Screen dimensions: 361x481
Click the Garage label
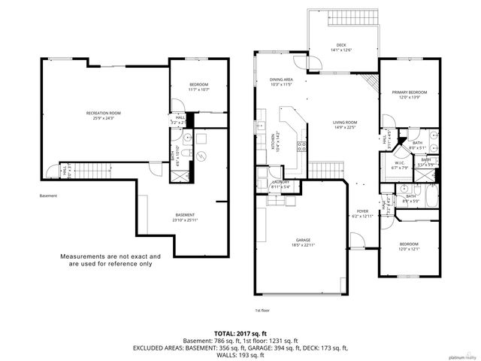point(303,242)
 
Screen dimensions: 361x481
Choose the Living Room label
point(345,125)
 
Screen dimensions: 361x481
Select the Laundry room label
point(280,184)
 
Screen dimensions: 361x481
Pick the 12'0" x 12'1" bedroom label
point(409,247)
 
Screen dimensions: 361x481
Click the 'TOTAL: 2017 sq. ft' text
point(240,332)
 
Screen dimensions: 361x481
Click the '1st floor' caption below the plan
point(262,310)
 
